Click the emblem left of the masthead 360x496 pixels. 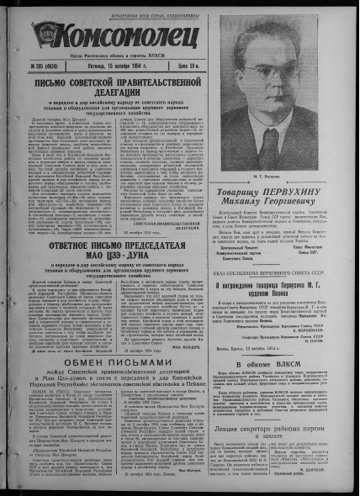click(x=48, y=35)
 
